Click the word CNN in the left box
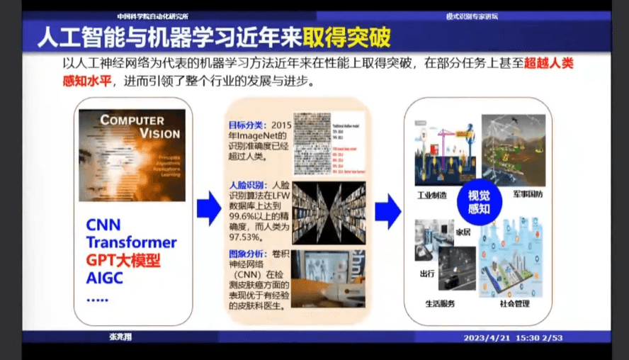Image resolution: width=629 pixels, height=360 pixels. pos(103,225)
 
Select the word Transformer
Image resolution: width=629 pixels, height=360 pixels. pos(131,242)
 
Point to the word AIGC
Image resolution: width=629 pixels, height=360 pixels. pos(105,277)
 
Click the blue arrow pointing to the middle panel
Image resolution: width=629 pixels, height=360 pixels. pos(208,208)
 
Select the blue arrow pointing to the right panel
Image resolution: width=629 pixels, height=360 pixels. pos(387,208)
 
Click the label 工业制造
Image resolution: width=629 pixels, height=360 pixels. pos(432,195)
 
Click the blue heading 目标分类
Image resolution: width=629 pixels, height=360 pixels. pos(245,125)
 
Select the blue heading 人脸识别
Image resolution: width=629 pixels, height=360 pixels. pos(245,185)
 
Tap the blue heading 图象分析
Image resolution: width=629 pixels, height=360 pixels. pos(245,254)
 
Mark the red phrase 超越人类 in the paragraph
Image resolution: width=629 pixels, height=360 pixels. pos(549,62)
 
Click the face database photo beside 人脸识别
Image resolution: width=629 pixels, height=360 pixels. pos(328,213)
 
